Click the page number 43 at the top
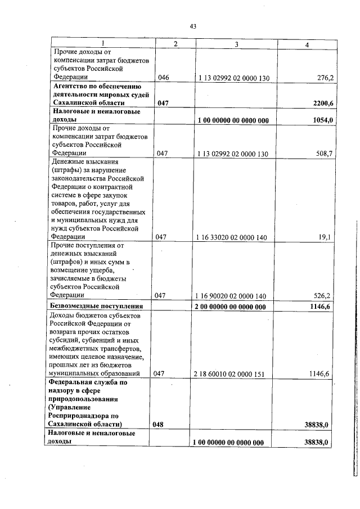coord(193,26)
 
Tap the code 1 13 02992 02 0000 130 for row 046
coord(232,78)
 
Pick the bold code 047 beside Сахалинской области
coord(163,103)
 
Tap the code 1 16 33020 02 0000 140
coord(231,238)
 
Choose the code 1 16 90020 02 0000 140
coord(231,296)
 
